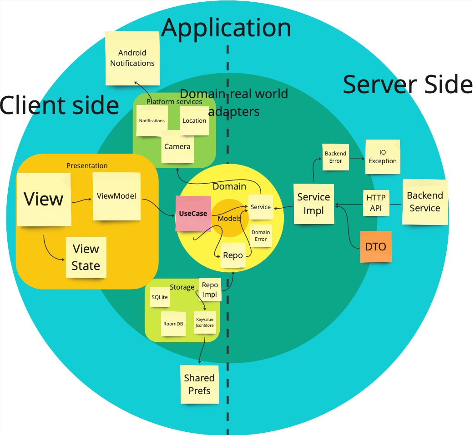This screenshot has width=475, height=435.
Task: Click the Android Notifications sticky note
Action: pos(132,58)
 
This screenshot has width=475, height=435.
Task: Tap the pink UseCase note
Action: pos(193,214)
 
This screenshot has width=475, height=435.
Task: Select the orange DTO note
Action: pos(375,247)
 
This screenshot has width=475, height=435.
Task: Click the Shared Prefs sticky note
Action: pos(199,384)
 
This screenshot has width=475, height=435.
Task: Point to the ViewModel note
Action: pos(116,196)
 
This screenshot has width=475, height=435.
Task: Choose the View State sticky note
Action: pos(86,257)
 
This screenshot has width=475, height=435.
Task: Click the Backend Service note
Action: pos(424,202)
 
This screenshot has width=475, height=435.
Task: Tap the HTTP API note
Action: pos(376,203)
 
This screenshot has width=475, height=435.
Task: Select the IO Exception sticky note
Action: pos(383,157)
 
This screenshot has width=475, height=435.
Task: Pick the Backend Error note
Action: pos(335,157)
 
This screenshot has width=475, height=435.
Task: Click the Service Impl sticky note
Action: pos(313,204)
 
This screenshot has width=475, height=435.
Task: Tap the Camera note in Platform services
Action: pos(177,147)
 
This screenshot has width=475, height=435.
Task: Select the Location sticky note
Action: pos(194,120)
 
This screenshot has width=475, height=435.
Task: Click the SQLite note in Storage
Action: pos(160,297)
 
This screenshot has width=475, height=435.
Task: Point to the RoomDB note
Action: pos(173,324)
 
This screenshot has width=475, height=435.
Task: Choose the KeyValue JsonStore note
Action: pos(204,322)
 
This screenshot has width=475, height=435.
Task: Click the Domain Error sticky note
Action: pos(261,235)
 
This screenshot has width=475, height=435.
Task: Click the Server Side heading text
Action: pos(408,85)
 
